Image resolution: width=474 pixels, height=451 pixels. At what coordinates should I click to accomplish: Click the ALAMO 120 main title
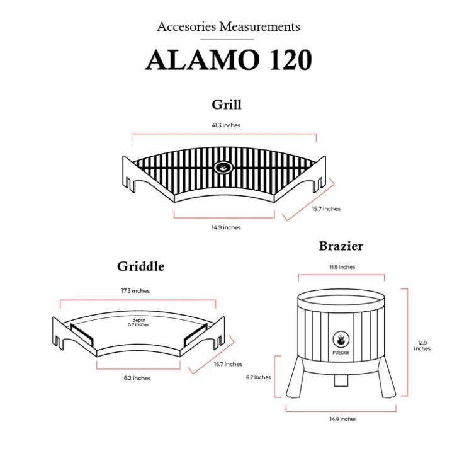click(229, 60)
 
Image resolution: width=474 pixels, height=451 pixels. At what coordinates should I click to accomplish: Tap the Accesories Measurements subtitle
click(229, 26)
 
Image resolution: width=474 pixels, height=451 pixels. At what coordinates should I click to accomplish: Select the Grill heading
click(227, 105)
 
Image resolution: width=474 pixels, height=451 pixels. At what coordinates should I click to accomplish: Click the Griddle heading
click(140, 266)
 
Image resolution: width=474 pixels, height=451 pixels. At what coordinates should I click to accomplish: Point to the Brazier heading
click(341, 246)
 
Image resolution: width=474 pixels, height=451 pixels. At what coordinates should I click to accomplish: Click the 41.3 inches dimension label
click(226, 125)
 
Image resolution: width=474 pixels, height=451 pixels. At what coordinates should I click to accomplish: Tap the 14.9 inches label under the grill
click(226, 227)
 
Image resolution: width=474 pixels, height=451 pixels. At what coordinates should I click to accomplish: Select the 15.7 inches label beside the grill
click(326, 208)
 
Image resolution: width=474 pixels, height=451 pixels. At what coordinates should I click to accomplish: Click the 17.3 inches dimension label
click(135, 290)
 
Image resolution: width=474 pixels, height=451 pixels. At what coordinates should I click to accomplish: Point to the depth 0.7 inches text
click(138, 323)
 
